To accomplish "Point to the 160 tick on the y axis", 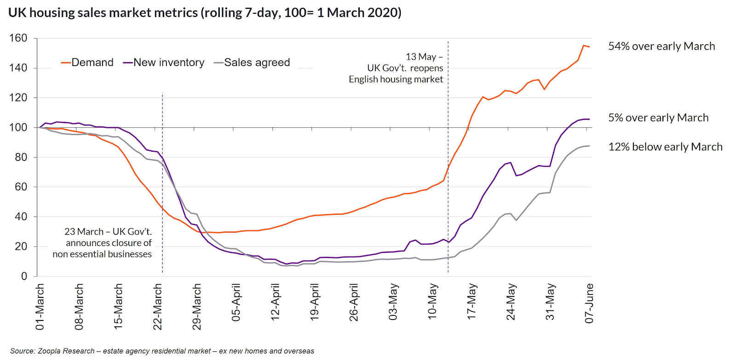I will pyautogui.click(x=18, y=38).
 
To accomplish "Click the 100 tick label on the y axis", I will pyautogui.click(x=18, y=127).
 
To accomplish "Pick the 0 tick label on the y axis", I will pyautogui.click(x=24, y=276).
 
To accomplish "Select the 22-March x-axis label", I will pyautogui.click(x=158, y=307).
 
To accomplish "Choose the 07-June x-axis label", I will pyautogui.click(x=589, y=303).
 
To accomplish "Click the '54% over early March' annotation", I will pyautogui.click(x=661, y=46).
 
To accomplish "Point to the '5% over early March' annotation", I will pyautogui.click(x=658, y=118).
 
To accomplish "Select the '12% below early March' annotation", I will pyautogui.click(x=665, y=147).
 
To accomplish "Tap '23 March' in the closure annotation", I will pyautogui.click(x=84, y=232).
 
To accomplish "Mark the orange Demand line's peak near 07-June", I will pyautogui.click(x=583, y=46).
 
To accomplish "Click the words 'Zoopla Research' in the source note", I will pyautogui.click(x=66, y=351).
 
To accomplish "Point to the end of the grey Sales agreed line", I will pyautogui.click(x=589, y=146).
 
